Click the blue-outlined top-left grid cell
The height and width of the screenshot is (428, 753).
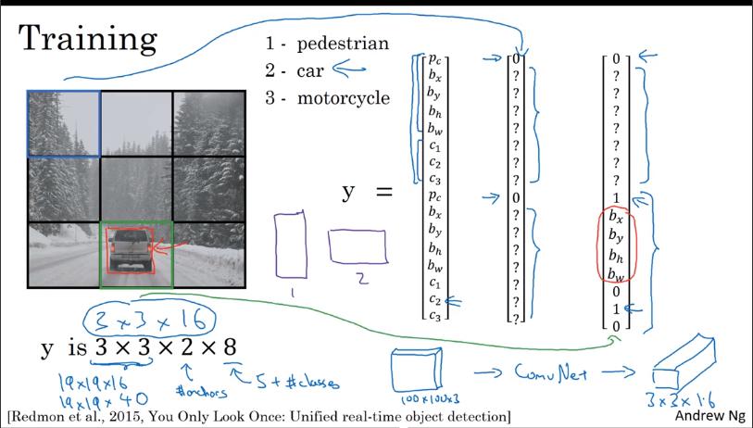[63, 122]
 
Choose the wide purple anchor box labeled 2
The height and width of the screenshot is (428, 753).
[358, 247]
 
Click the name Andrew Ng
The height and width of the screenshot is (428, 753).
[709, 416]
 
